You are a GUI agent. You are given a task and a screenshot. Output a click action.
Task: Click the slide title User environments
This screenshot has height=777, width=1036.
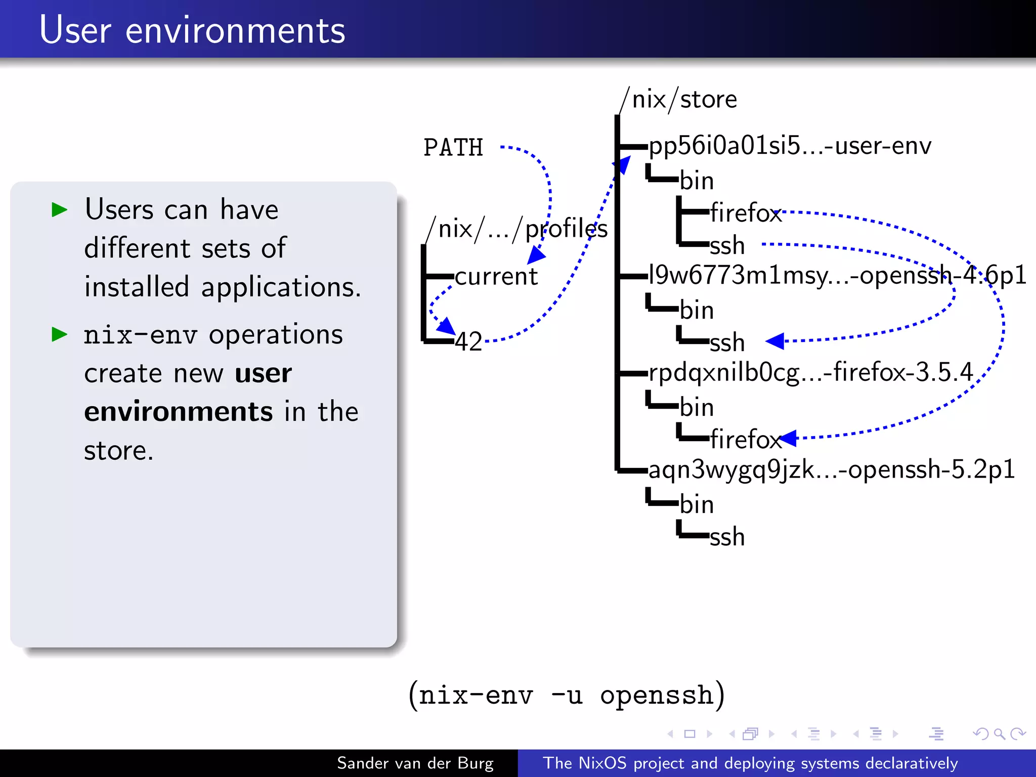[192, 30]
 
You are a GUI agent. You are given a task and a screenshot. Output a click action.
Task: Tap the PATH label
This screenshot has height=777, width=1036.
[453, 148]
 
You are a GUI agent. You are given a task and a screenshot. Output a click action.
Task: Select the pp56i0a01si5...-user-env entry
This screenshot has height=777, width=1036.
[789, 146]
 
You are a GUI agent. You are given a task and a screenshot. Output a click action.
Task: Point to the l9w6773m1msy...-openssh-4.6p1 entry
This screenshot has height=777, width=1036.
[837, 276]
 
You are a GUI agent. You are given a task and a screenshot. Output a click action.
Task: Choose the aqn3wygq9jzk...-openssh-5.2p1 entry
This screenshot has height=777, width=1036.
[831, 469]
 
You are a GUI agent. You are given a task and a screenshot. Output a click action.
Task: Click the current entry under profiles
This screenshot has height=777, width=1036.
[496, 277]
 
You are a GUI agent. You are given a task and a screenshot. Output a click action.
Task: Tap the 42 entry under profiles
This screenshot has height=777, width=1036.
[468, 341]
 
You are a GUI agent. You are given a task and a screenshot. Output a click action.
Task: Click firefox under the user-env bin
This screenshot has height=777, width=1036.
[746, 212]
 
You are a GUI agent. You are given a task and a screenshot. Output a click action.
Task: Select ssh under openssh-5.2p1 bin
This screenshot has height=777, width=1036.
[727, 537]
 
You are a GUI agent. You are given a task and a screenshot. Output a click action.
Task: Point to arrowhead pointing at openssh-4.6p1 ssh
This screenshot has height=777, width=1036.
[775, 341]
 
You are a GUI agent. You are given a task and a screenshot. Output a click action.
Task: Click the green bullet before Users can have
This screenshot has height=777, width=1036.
[60, 209]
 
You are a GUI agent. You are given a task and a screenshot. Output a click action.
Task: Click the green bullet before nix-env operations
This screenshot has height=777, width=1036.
[60, 334]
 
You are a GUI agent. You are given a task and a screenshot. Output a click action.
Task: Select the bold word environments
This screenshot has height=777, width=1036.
[179, 411]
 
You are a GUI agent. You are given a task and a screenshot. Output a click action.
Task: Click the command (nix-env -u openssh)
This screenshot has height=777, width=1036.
[567, 695]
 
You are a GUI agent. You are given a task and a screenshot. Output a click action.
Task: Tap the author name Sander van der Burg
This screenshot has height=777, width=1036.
[415, 763]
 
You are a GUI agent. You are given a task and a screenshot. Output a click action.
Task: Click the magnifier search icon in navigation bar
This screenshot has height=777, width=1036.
[999, 733]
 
